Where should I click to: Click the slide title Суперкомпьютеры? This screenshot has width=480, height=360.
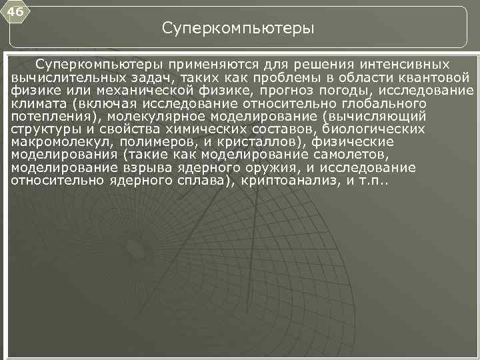coord(238,29)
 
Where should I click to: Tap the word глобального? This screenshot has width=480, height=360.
coord(375,104)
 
